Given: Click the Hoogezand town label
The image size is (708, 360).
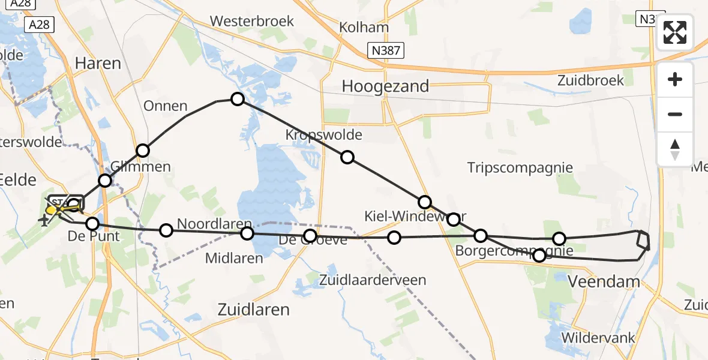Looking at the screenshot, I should click(x=385, y=86).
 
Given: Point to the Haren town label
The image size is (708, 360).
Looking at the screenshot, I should click(x=98, y=63).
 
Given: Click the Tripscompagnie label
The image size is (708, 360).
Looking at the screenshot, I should click(x=520, y=167).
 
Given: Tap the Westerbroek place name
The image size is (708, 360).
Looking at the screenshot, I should click(x=252, y=21).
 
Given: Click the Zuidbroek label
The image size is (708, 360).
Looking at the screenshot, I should click(x=590, y=80).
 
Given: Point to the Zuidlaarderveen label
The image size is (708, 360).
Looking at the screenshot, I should click(x=373, y=280).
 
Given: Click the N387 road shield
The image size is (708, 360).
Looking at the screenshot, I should click(x=385, y=50).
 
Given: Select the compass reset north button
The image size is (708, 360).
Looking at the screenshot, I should click(x=675, y=148).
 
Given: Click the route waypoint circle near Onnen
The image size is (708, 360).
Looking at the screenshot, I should click(x=238, y=99).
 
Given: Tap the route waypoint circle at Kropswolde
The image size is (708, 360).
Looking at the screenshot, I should click(x=347, y=158).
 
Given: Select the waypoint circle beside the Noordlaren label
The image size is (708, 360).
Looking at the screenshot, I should click(x=166, y=230).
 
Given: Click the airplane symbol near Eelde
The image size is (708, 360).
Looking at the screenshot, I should click(x=44, y=221).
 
